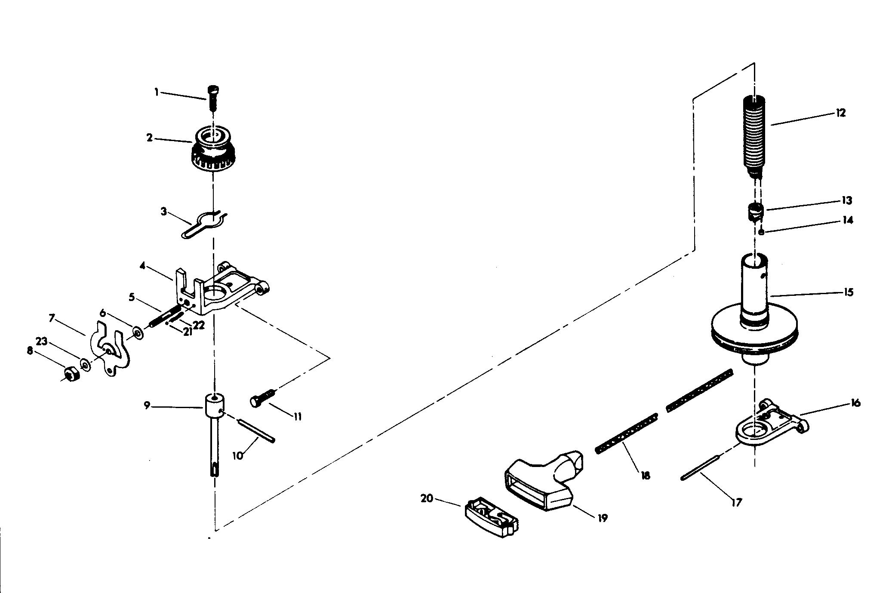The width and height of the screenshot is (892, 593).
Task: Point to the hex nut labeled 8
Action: pos(70,374)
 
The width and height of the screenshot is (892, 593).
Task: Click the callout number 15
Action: pos(848,292)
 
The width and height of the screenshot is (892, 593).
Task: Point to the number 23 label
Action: pos(41,341)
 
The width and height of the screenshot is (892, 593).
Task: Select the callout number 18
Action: pos(645,475)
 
